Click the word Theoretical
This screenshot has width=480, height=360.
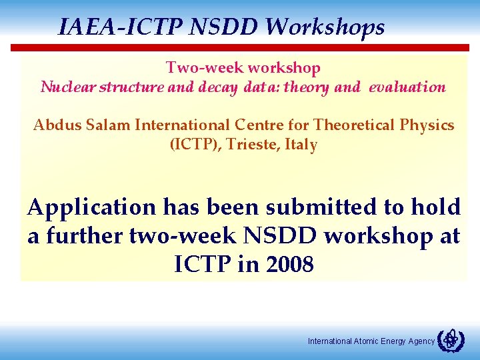(x=357, y=125)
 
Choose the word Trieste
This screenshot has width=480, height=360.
(x=253, y=145)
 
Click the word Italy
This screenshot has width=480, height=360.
(x=301, y=145)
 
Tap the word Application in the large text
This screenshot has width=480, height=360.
(x=91, y=208)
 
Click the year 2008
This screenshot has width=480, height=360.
(x=288, y=265)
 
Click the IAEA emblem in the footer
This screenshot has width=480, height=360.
(x=450, y=340)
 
